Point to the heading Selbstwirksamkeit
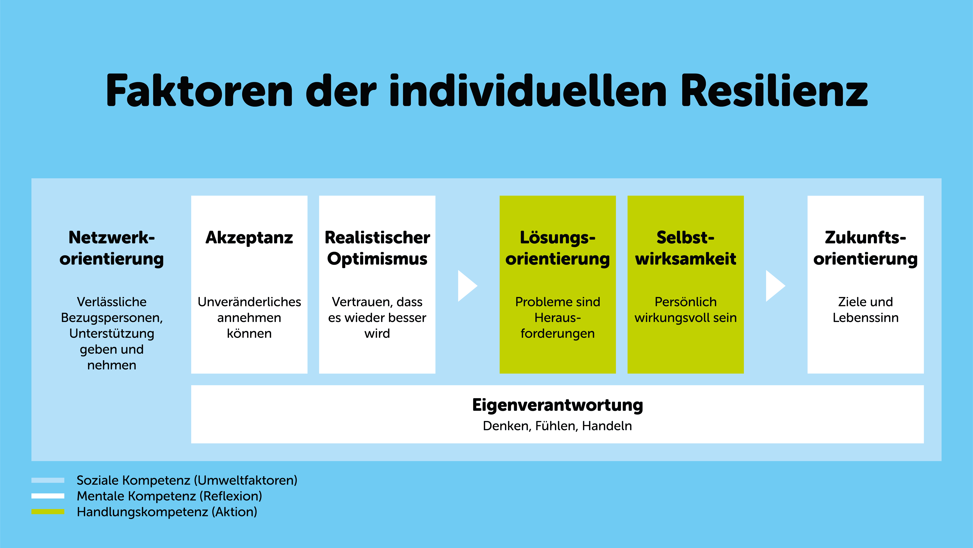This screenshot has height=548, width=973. point(686,248)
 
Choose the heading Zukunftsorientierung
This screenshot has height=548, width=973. point(865,248)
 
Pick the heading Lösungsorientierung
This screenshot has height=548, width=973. point(557,248)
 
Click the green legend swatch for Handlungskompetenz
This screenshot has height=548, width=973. point(48,512)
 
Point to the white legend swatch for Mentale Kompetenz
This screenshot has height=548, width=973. point(48,496)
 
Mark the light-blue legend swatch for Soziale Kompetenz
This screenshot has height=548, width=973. point(48,480)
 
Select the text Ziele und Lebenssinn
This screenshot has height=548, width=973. point(865,310)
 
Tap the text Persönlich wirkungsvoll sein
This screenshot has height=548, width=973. point(686,310)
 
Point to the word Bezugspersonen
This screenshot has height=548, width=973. point(112,318)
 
